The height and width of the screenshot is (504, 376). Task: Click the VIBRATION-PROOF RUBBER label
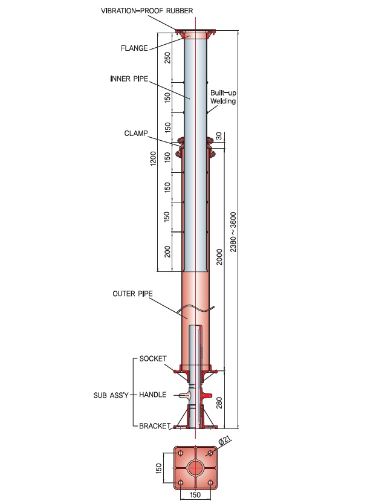pos(147,11)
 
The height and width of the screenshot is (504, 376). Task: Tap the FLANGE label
pos(134,48)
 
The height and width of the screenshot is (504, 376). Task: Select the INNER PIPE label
pos(129,79)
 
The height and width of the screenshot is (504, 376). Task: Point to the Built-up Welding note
pos(223,97)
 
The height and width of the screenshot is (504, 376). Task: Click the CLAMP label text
pos(136,134)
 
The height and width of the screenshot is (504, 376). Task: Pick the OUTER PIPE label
pos(132,294)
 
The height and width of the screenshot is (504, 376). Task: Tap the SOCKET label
pos(153,359)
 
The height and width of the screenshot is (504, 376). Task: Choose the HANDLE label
pos(152,395)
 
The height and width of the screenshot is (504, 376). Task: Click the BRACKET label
pos(155,426)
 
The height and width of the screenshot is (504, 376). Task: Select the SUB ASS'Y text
pos(111,395)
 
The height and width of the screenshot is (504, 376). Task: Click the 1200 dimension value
pos(154,158)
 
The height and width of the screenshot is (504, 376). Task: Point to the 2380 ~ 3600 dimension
pos(233,231)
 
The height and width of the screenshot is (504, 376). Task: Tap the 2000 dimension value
pos(219,257)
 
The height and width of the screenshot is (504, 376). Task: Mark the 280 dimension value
pos(219,402)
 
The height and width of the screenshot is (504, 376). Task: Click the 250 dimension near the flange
pos(167,58)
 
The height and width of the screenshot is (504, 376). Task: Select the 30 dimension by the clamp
pos(219,136)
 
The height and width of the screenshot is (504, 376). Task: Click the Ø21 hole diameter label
pos(225,441)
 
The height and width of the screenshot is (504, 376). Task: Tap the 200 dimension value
pos(167,251)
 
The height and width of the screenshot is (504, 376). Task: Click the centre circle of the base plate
pos(195,468)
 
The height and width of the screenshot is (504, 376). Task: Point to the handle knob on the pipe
pos(183,395)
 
